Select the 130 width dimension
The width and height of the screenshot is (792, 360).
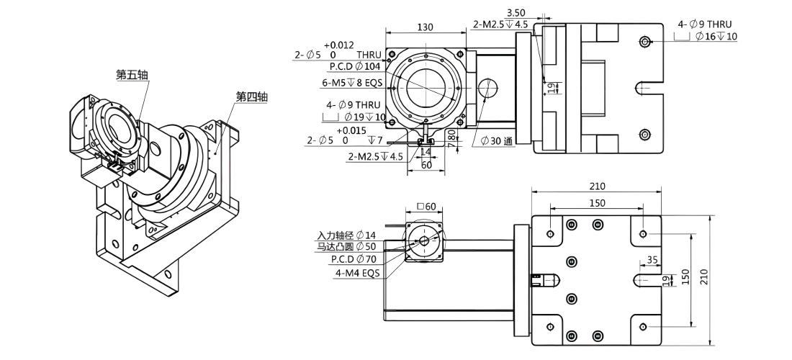(x=426, y=27)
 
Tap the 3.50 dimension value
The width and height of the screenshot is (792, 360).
(x=516, y=12)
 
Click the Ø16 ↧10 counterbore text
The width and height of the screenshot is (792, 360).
(x=716, y=36)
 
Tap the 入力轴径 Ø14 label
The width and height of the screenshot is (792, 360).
(x=347, y=235)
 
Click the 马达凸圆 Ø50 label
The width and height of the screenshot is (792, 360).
(x=347, y=247)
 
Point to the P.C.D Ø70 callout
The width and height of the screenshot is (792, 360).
(x=354, y=259)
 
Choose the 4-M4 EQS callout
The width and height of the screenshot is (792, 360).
(x=357, y=273)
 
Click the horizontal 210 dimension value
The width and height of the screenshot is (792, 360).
(x=597, y=186)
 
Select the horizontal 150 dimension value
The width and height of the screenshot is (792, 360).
(x=597, y=203)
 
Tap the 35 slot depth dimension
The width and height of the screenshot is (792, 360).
(x=652, y=260)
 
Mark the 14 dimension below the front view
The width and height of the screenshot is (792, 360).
(x=426, y=151)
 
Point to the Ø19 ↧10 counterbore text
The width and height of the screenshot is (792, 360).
(x=365, y=117)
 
